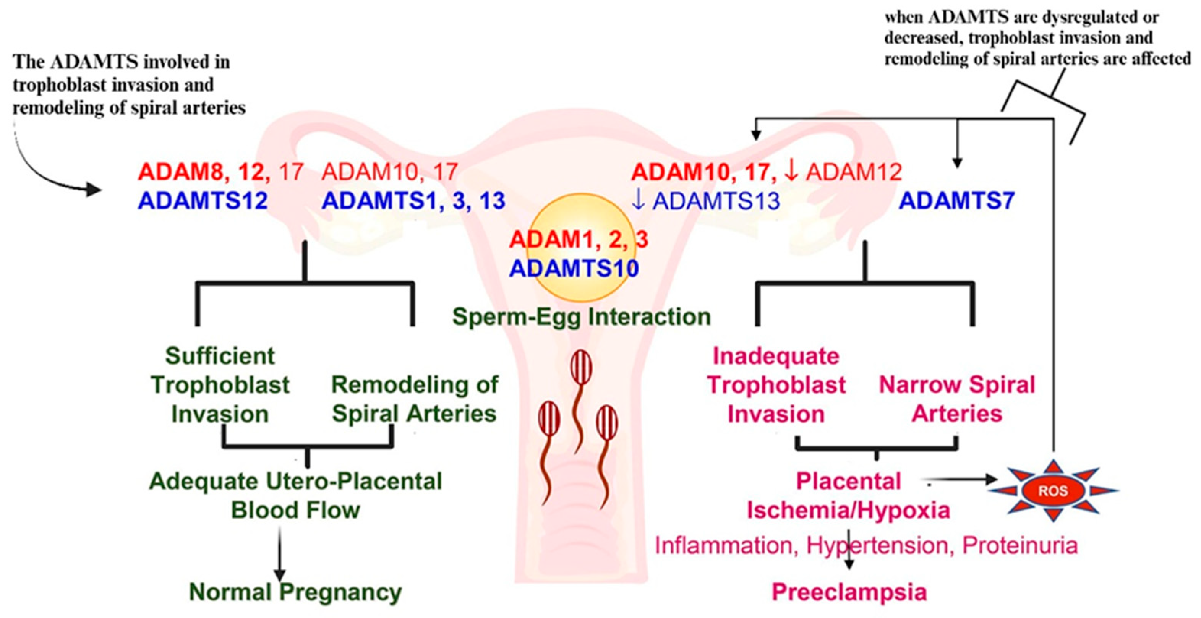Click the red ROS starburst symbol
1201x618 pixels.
click(x=1053, y=491)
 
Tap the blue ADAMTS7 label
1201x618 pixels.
click(x=957, y=201)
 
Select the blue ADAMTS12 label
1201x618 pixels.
click(x=203, y=201)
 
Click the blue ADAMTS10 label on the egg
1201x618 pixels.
click(x=574, y=269)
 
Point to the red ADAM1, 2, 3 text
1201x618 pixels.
click(x=578, y=240)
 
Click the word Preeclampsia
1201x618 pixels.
click(x=849, y=592)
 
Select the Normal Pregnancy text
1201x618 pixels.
click(x=295, y=592)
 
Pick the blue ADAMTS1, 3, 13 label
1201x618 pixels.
click(x=413, y=201)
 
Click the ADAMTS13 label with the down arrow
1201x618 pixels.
click(x=705, y=201)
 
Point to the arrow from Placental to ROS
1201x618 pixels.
click(x=960, y=479)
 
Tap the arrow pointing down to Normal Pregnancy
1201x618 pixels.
click(x=280, y=555)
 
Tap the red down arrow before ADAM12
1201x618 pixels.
click(x=791, y=172)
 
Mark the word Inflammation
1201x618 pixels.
click(x=724, y=546)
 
